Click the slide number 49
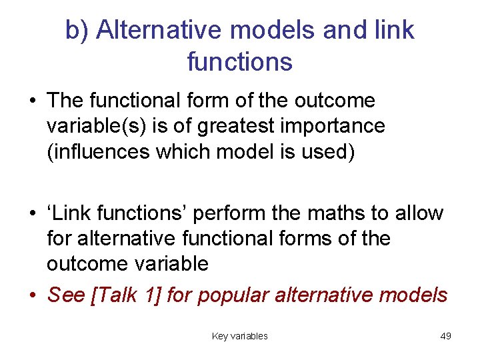(x=446, y=336)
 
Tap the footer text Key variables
(x=239, y=336)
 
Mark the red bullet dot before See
(x=32, y=295)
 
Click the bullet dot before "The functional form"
(x=32, y=101)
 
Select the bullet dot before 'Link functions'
(x=32, y=213)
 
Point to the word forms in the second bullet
(x=321, y=239)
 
